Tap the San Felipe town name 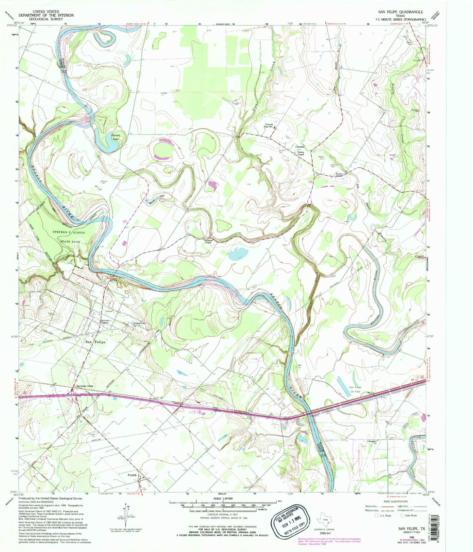96,342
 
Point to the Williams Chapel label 209,241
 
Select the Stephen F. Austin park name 69,232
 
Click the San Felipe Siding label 85,386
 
